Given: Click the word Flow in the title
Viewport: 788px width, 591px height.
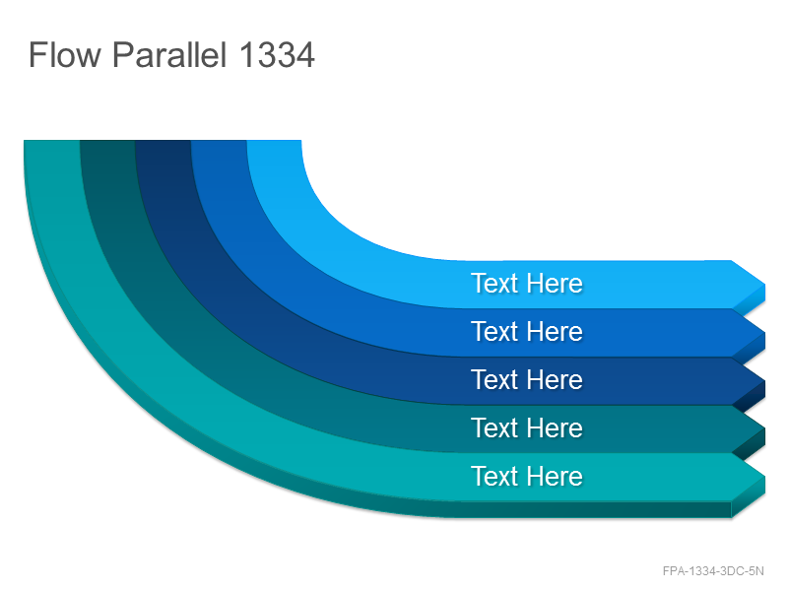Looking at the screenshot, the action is point(65,54).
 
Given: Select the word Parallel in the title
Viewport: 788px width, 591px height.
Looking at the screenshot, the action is point(169,54).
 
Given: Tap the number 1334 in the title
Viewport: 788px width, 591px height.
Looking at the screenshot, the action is point(277,54).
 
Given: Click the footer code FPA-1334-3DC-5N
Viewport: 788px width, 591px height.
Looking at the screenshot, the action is point(713,571).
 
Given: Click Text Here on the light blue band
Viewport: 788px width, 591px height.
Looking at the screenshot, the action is point(527,284).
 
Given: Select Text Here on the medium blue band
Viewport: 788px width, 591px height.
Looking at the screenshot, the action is point(527,332).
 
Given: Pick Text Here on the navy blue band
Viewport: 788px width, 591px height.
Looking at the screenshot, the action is point(527,380).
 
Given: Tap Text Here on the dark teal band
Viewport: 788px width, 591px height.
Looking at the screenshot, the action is point(527,428).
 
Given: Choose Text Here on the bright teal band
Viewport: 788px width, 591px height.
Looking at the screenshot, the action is point(527,477).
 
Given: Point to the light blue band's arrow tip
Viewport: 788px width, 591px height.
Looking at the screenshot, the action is point(765,285).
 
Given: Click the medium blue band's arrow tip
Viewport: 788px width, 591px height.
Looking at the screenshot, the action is point(765,333).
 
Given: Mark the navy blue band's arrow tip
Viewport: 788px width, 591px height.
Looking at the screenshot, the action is point(765,381).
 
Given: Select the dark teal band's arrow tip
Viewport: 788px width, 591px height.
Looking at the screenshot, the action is point(765,429).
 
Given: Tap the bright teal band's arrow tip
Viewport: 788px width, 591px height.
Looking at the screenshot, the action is point(765,478).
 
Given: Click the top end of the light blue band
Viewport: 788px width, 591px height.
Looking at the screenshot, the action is point(274,141).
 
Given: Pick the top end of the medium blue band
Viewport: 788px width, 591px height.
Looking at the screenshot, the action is point(219,141).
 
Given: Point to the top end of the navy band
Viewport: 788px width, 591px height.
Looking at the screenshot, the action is point(163,141).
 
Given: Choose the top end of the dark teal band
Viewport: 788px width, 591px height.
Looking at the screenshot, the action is point(107,141).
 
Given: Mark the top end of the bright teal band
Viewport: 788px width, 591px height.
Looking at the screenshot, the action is point(52,141).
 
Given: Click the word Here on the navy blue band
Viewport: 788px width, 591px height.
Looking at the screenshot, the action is point(555,380).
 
